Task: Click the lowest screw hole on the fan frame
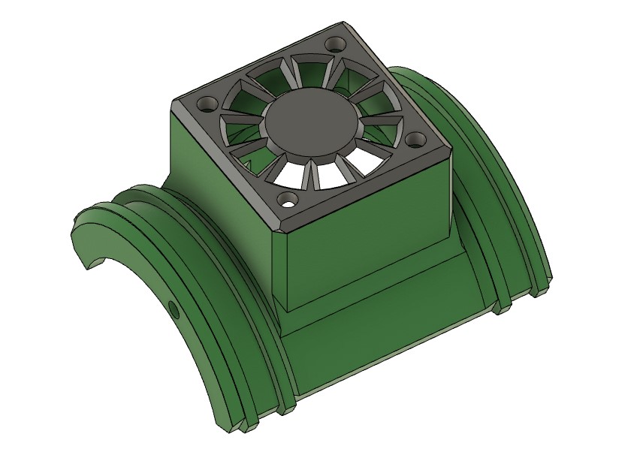point(286,200)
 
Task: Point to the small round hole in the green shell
point(174,308)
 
